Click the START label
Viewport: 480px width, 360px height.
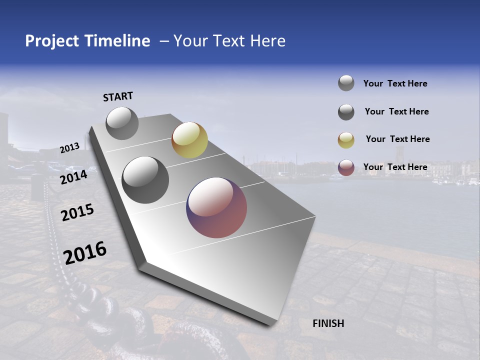click(118, 96)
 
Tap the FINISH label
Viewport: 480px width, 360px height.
click(328, 323)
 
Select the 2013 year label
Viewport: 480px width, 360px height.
click(70, 148)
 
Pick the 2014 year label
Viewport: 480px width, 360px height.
click(74, 177)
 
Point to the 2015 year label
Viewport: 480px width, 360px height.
click(77, 212)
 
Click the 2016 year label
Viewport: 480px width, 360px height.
click(85, 252)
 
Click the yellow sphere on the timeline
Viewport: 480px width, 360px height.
click(189, 140)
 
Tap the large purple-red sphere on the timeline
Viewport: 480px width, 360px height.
click(216, 207)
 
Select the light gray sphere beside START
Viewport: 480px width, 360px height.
click(122, 123)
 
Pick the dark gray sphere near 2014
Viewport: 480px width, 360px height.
click(145, 180)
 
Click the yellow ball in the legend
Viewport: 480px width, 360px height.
click(346, 140)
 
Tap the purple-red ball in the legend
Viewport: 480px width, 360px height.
click(346, 167)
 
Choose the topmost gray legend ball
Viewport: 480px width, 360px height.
click(346, 83)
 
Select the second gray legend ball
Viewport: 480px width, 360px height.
click(346, 112)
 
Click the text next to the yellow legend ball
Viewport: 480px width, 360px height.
click(397, 139)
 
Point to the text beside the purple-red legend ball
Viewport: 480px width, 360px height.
click(395, 167)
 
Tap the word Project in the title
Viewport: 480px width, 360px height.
click(52, 41)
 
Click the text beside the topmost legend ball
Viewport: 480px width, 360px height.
click(395, 83)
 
